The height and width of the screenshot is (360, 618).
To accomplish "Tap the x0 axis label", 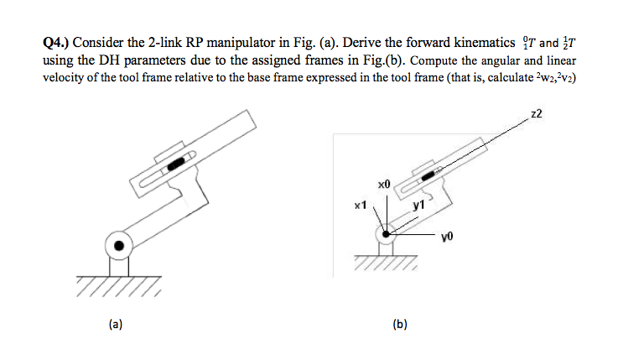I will (384, 181).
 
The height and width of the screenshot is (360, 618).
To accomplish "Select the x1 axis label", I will (361, 205).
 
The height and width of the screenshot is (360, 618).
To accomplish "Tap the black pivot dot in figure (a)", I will (119, 246).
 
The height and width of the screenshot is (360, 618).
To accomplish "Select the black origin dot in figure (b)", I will (386, 234).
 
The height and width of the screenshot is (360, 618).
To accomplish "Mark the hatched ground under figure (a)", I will (117, 288).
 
